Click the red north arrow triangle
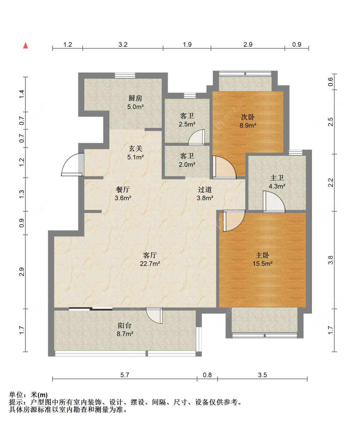click(x=26, y=45)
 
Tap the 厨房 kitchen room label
click(x=135, y=99)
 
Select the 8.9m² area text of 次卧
click(x=248, y=125)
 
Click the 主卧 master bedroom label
click(x=262, y=255)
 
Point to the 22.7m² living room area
click(x=150, y=264)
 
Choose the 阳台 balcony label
click(x=124, y=326)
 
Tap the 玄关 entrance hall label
click(x=135, y=148)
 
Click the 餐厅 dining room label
click(x=123, y=190)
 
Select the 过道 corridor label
click(x=205, y=190)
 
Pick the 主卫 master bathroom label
click(x=277, y=178)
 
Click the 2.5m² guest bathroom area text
click(x=187, y=124)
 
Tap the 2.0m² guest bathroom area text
click(x=187, y=164)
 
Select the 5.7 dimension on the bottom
click(x=125, y=375)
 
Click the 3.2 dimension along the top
click(x=123, y=44)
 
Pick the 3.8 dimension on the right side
click(x=331, y=260)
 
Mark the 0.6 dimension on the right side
click(x=331, y=82)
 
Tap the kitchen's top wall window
click(x=125, y=75)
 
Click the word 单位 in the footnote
click(x=16, y=395)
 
